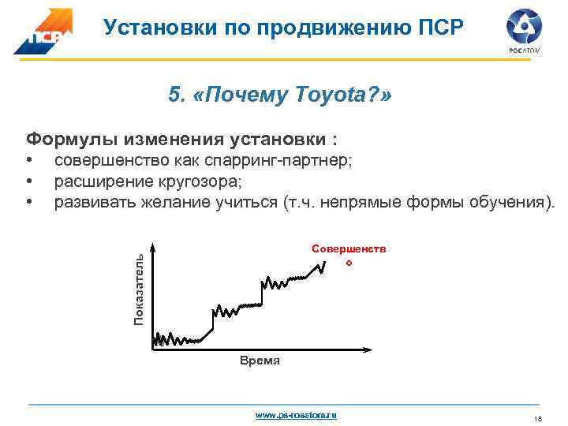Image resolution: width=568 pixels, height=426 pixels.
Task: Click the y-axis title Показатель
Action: [138, 289]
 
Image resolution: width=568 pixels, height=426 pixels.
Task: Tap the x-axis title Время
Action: [259, 361]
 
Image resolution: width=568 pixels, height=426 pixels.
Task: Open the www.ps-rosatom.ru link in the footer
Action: [296, 414]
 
